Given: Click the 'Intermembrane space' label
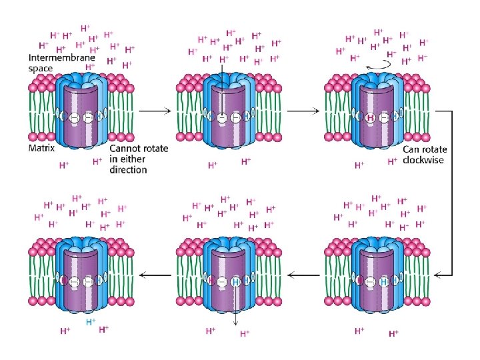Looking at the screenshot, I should coord(61,63).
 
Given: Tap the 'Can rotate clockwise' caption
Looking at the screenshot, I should coord(423,155).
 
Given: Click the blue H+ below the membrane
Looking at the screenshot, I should coord(93,321).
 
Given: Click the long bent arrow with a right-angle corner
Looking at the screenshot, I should coord(451,220).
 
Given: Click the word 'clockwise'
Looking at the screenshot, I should coord(423,160).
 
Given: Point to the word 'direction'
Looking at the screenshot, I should coord(128,170).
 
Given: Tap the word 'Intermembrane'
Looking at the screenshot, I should coord(61,58).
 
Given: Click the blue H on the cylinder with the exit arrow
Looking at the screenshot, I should coord(236,283).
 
